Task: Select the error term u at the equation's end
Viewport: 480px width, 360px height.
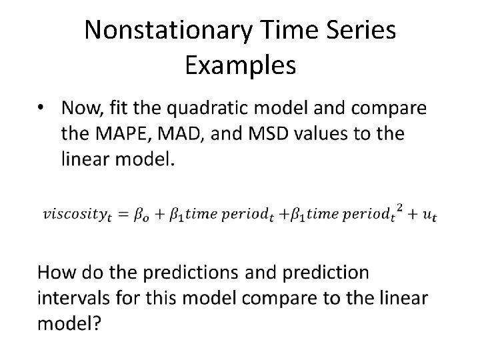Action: pos(433,216)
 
